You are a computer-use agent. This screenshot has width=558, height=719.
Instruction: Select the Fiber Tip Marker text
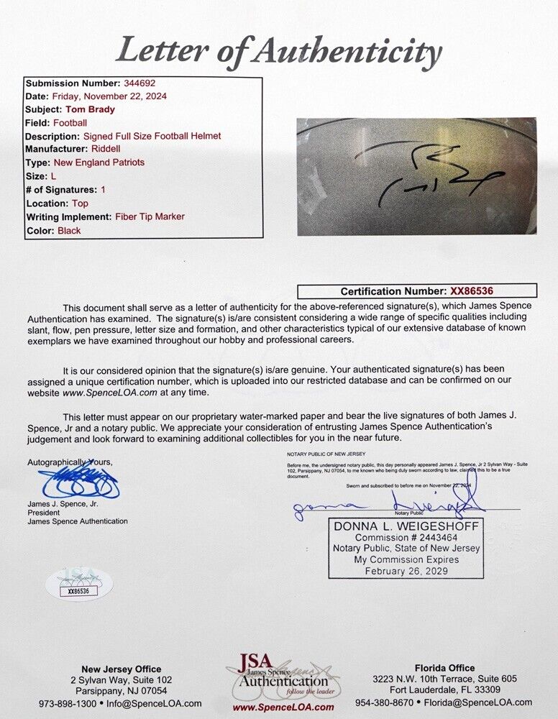pos(150,217)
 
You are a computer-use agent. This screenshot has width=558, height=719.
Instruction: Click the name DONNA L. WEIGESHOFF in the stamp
pos(406,526)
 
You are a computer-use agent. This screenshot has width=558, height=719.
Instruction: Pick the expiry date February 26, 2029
pos(405,572)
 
